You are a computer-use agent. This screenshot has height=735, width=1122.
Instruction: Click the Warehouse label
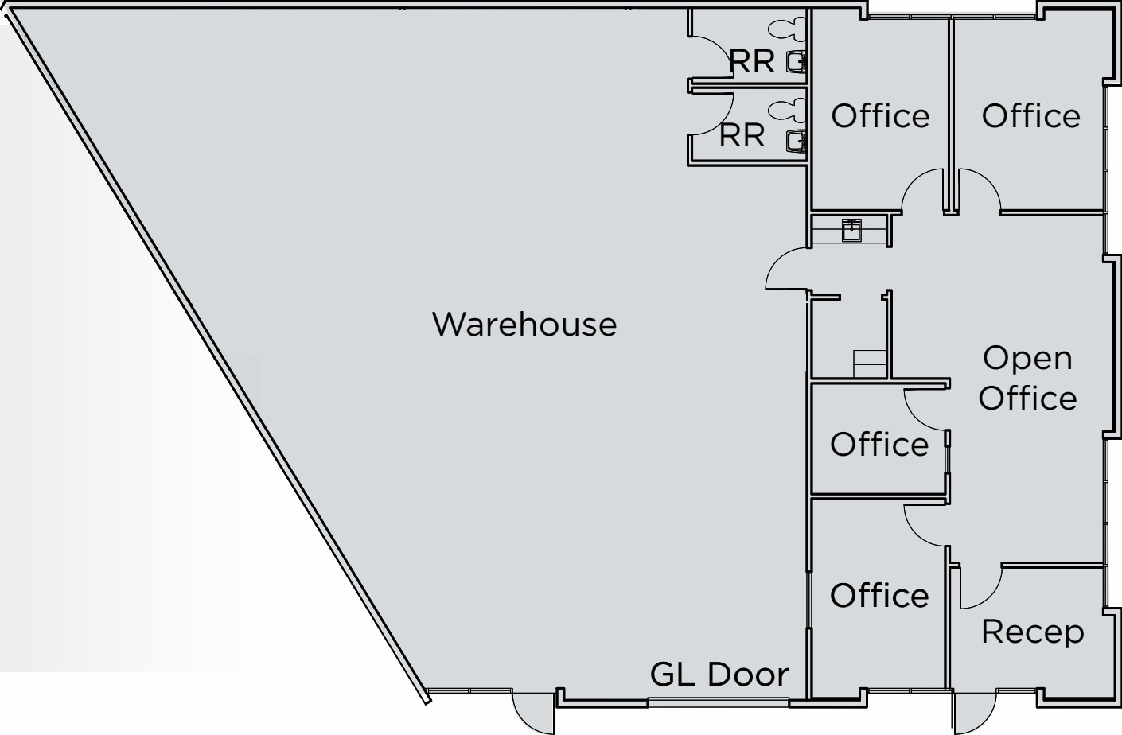click(524, 324)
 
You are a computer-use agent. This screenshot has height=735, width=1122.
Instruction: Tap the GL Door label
click(719, 674)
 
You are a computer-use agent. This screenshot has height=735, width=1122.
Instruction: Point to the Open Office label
click(1028, 378)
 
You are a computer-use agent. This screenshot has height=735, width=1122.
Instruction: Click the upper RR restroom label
click(752, 61)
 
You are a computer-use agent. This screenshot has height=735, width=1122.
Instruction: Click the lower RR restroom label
click(742, 135)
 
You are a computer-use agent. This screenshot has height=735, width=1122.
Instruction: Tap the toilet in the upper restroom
click(787, 29)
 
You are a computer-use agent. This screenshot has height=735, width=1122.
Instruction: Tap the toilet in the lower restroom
click(787, 110)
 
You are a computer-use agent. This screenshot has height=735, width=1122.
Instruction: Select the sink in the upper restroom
click(796, 63)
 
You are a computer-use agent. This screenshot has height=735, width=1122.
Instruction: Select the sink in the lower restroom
click(796, 141)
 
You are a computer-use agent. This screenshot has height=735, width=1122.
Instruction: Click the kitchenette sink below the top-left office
click(851, 231)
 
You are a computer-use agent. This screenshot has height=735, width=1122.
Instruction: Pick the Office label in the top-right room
click(1030, 116)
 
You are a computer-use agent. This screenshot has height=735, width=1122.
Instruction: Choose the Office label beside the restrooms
click(880, 116)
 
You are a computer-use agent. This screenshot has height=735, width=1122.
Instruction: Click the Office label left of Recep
click(879, 595)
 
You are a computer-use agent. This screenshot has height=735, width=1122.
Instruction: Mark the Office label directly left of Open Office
click(879, 444)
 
